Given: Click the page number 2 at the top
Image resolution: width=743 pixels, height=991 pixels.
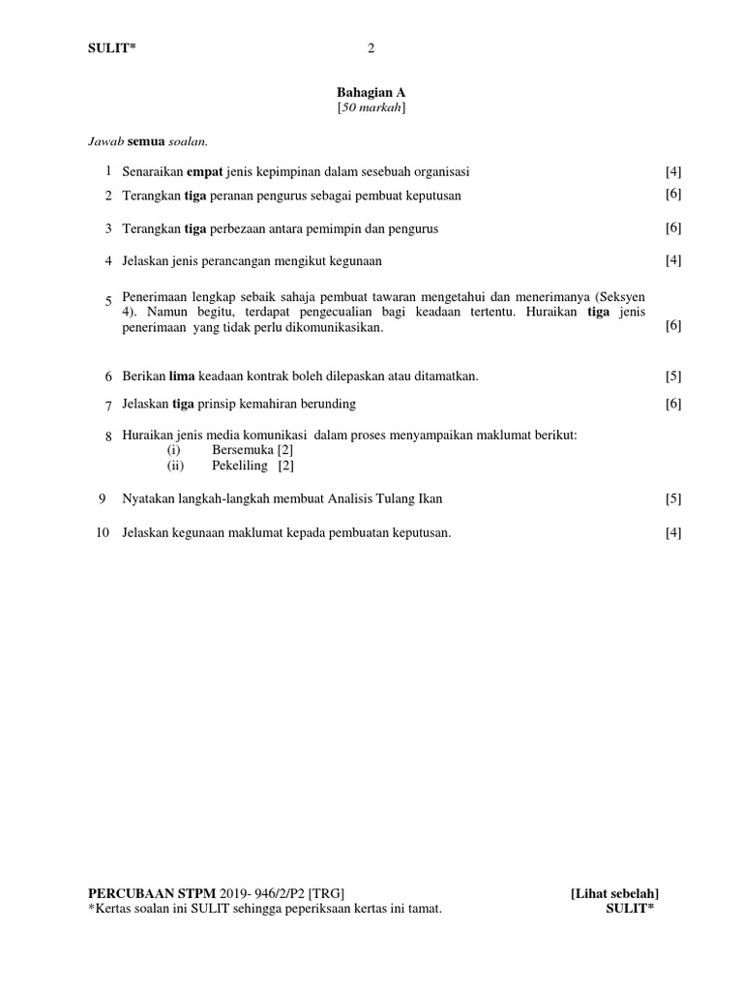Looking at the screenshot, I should click(371, 48).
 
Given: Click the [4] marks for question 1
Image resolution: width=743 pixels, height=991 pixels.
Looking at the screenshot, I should click(673, 172).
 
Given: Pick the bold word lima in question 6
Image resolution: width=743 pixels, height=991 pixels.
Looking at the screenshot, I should click(182, 375).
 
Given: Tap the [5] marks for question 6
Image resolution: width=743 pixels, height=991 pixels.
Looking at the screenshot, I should click(673, 375).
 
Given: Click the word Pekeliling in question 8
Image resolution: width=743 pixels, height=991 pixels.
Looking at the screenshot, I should click(242, 465).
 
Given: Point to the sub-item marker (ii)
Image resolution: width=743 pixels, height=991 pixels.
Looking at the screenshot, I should click(174, 465).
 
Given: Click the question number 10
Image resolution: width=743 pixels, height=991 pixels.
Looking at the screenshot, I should click(103, 532).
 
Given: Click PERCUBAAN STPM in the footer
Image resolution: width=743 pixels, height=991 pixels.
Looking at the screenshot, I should click(152, 893).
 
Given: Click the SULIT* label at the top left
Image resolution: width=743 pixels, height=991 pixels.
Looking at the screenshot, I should click(112, 49).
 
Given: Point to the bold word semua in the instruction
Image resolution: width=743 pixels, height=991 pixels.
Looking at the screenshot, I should click(147, 142).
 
